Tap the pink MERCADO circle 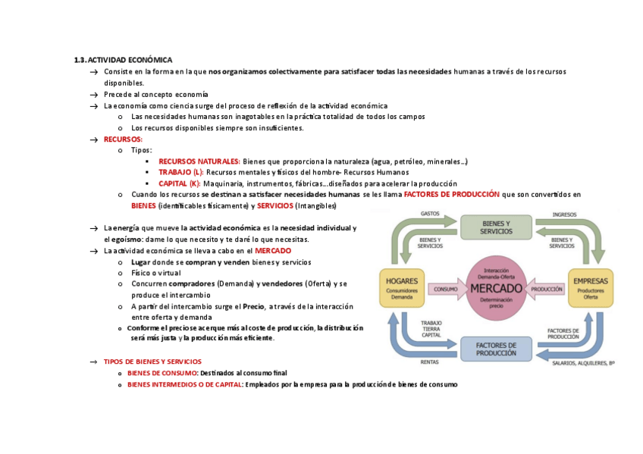point(496,289)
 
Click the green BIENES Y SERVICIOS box point(496,227)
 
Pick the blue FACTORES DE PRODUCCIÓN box point(496,349)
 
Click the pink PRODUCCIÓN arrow point(545,289)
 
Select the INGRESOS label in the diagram point(564,214)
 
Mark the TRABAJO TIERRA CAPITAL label point(431,330)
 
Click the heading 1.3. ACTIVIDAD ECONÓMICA point(123,60)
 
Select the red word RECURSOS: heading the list point(123,139)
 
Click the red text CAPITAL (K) point(179,183)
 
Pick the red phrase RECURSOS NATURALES point(199,161)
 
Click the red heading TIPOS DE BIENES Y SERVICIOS point(152,362)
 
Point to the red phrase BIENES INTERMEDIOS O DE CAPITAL point(183,384)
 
